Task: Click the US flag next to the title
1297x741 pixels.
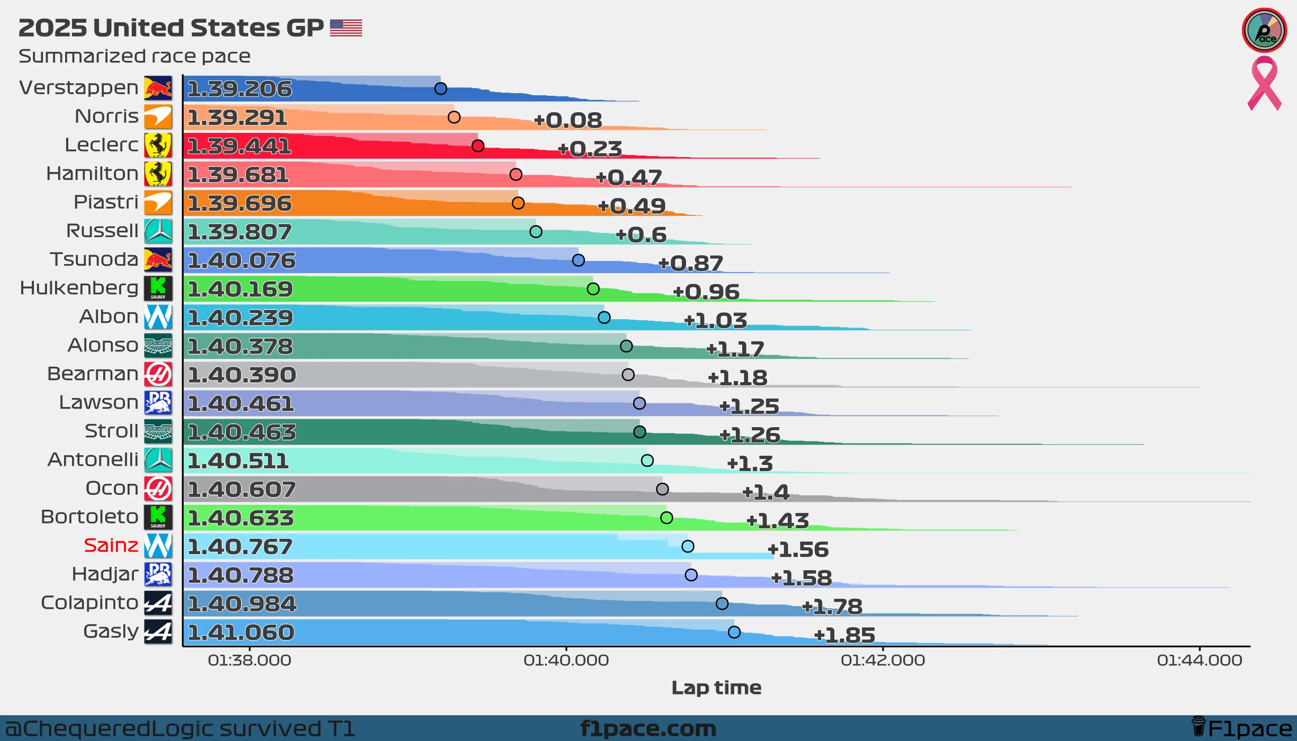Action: [x=346, y=28]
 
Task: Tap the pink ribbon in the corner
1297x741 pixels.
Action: [x=1264, y=84]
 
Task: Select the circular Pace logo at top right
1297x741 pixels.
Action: [x=1264, y=30]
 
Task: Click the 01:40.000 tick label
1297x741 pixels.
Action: [x=566, y=660]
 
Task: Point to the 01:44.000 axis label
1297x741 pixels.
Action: [x=1199, y=660]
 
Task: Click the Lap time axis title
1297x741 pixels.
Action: [x=716, y=688]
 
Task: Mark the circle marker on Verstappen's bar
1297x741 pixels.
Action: [x=440, y=88]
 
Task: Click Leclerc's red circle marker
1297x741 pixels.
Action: [x=478, y=146]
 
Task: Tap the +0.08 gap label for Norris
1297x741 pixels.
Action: [x=568, y=120]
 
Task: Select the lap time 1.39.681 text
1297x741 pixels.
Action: [x=238, y=175]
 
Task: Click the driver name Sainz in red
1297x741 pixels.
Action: [x=111, y=545]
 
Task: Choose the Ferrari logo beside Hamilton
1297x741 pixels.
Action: [x=158, y=174]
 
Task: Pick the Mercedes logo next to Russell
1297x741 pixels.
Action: [x=158, y=231]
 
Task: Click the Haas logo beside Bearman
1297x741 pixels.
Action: [x=158, y=374]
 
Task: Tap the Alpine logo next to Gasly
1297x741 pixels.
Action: [x=158, y=631]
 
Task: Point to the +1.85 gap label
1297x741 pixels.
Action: [x=844, y=635]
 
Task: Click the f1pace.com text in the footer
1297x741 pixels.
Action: [x=648, y=728]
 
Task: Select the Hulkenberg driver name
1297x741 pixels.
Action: [x=79, y=287]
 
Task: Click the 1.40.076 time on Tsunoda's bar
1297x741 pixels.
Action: [x=241, y=260]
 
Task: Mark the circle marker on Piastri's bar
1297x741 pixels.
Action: [x=518, y=203]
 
